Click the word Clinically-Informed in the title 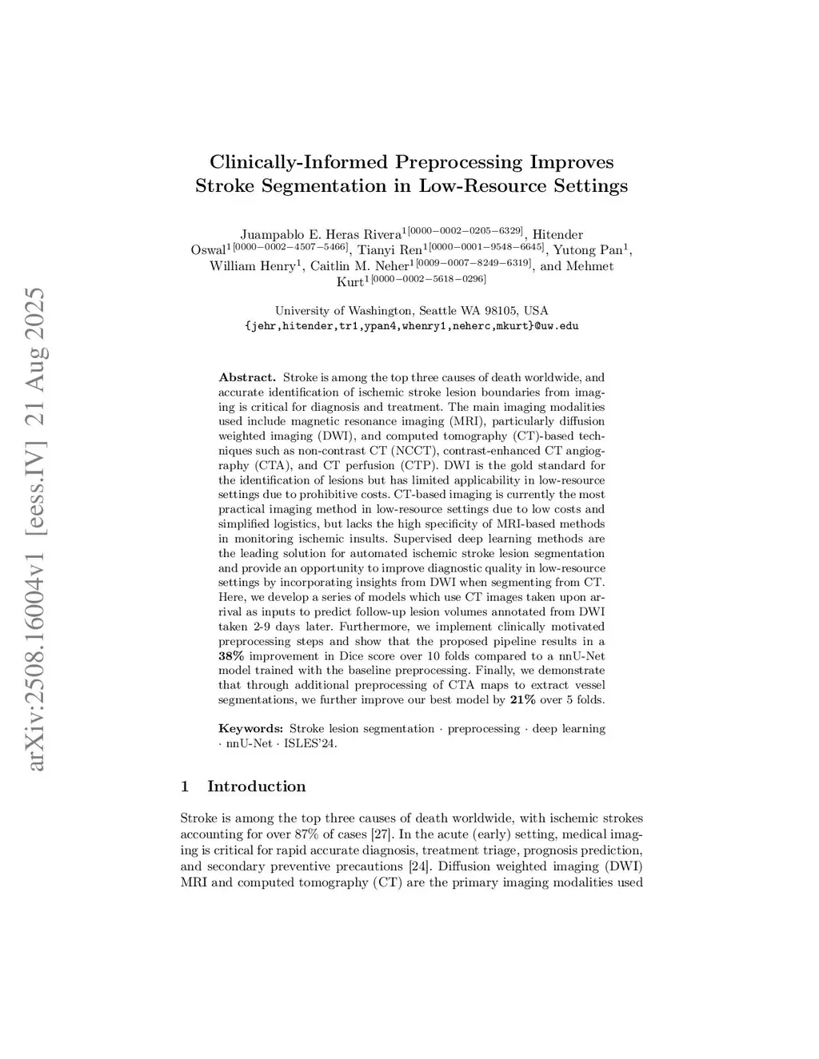(x=299, y=162)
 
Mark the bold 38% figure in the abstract (x=231, y=656)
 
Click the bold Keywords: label (x=250, y=729)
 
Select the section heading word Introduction (x=256, y=786)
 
